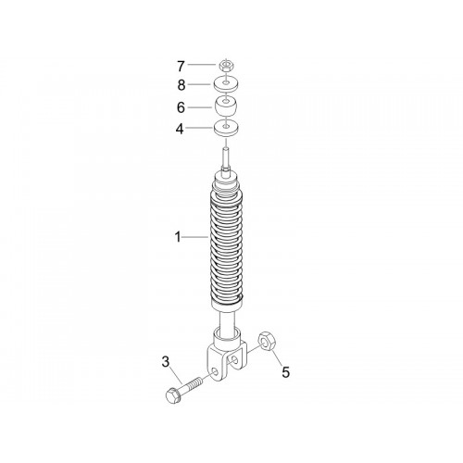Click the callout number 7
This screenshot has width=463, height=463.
pyautogui.click(x=181, y=66)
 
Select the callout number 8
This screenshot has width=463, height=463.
pyautogui.click(x=181, y=85)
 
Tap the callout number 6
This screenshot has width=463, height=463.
pyautogui.click(x=181, y=107)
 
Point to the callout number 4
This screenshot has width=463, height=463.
pyautogui.click(x=180, y=129)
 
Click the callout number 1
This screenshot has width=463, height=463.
pyautogui.click(x=178, y=237)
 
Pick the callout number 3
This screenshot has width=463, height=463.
pyautogui.click(x=166, y=362)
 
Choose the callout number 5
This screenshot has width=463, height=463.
pyautogui.click(x=286, y=372)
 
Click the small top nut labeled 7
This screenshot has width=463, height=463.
pyautogui.click(x=226, y=66)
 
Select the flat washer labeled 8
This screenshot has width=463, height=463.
pyautogui.click(x=227, y=84)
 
